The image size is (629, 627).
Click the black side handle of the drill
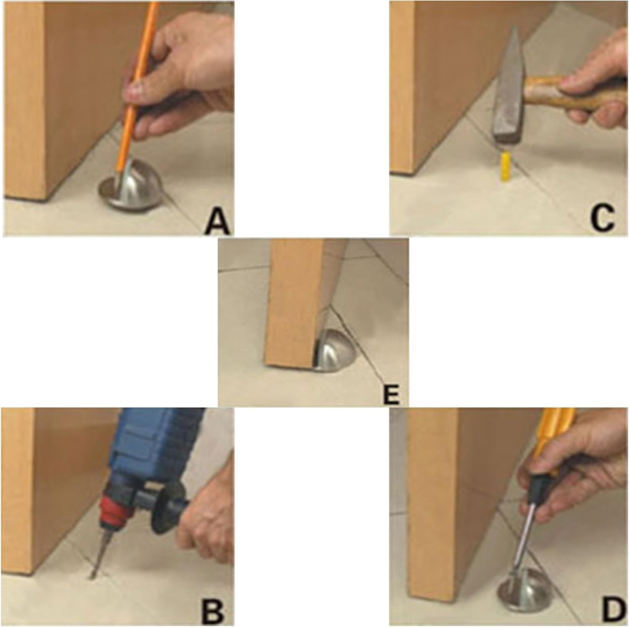166,504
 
